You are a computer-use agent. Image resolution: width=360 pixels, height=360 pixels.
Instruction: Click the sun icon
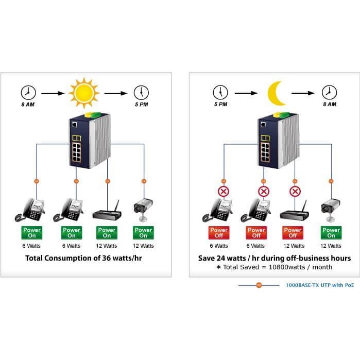[84, 93]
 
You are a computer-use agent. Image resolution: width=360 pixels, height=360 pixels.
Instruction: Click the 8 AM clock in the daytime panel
[28, 93]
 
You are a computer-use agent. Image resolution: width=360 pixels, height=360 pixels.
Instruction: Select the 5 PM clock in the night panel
[220, 93]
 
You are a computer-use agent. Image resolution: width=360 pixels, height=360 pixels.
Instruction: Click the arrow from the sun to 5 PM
[116, 93]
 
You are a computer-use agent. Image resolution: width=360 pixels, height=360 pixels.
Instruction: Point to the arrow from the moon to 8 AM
[303, 93]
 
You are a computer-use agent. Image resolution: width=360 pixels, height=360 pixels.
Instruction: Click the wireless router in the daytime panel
[107, 211]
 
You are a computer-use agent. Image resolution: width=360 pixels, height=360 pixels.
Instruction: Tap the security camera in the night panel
[331, 210]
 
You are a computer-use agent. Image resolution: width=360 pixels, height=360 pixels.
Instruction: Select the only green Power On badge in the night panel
[331, 233]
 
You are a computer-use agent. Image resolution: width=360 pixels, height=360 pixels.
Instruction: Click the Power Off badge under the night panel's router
[293, 233]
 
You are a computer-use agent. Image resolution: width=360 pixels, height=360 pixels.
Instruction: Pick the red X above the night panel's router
[295, 191]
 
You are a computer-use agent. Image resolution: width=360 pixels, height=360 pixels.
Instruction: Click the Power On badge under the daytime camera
[143, 233]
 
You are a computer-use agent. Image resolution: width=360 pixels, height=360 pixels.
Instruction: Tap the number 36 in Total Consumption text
[107, 258]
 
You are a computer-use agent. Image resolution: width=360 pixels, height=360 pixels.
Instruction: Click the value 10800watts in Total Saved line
[287, 267]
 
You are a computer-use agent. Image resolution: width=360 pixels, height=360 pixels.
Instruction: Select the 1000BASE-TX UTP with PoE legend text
[320, 285]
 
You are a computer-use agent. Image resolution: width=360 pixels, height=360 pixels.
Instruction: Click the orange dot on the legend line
[259, 285]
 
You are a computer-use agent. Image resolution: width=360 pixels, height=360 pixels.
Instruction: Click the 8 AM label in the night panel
[330, 104]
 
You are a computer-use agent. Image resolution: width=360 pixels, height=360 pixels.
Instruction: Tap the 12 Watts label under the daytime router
[107, 246]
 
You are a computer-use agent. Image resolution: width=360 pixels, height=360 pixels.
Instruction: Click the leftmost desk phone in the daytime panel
[30, 210]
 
